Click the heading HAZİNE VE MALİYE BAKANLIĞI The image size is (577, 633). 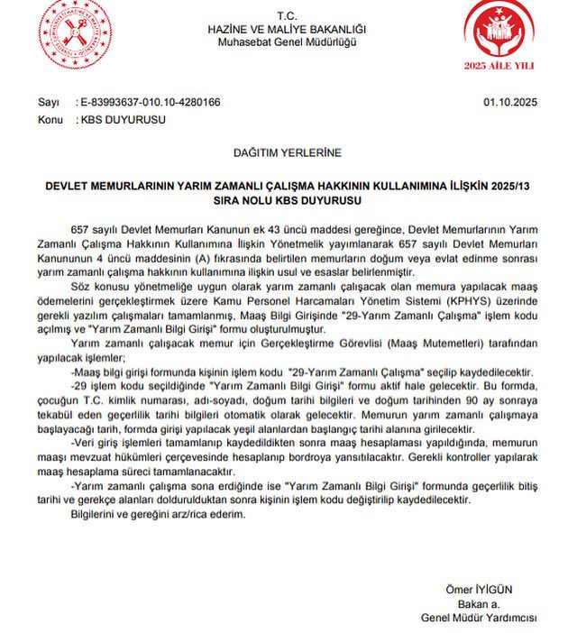coord(287,29)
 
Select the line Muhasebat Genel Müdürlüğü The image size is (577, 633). coord(287,41)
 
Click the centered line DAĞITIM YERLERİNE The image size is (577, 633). coord(287,153)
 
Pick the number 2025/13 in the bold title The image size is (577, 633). coord(507,184)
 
